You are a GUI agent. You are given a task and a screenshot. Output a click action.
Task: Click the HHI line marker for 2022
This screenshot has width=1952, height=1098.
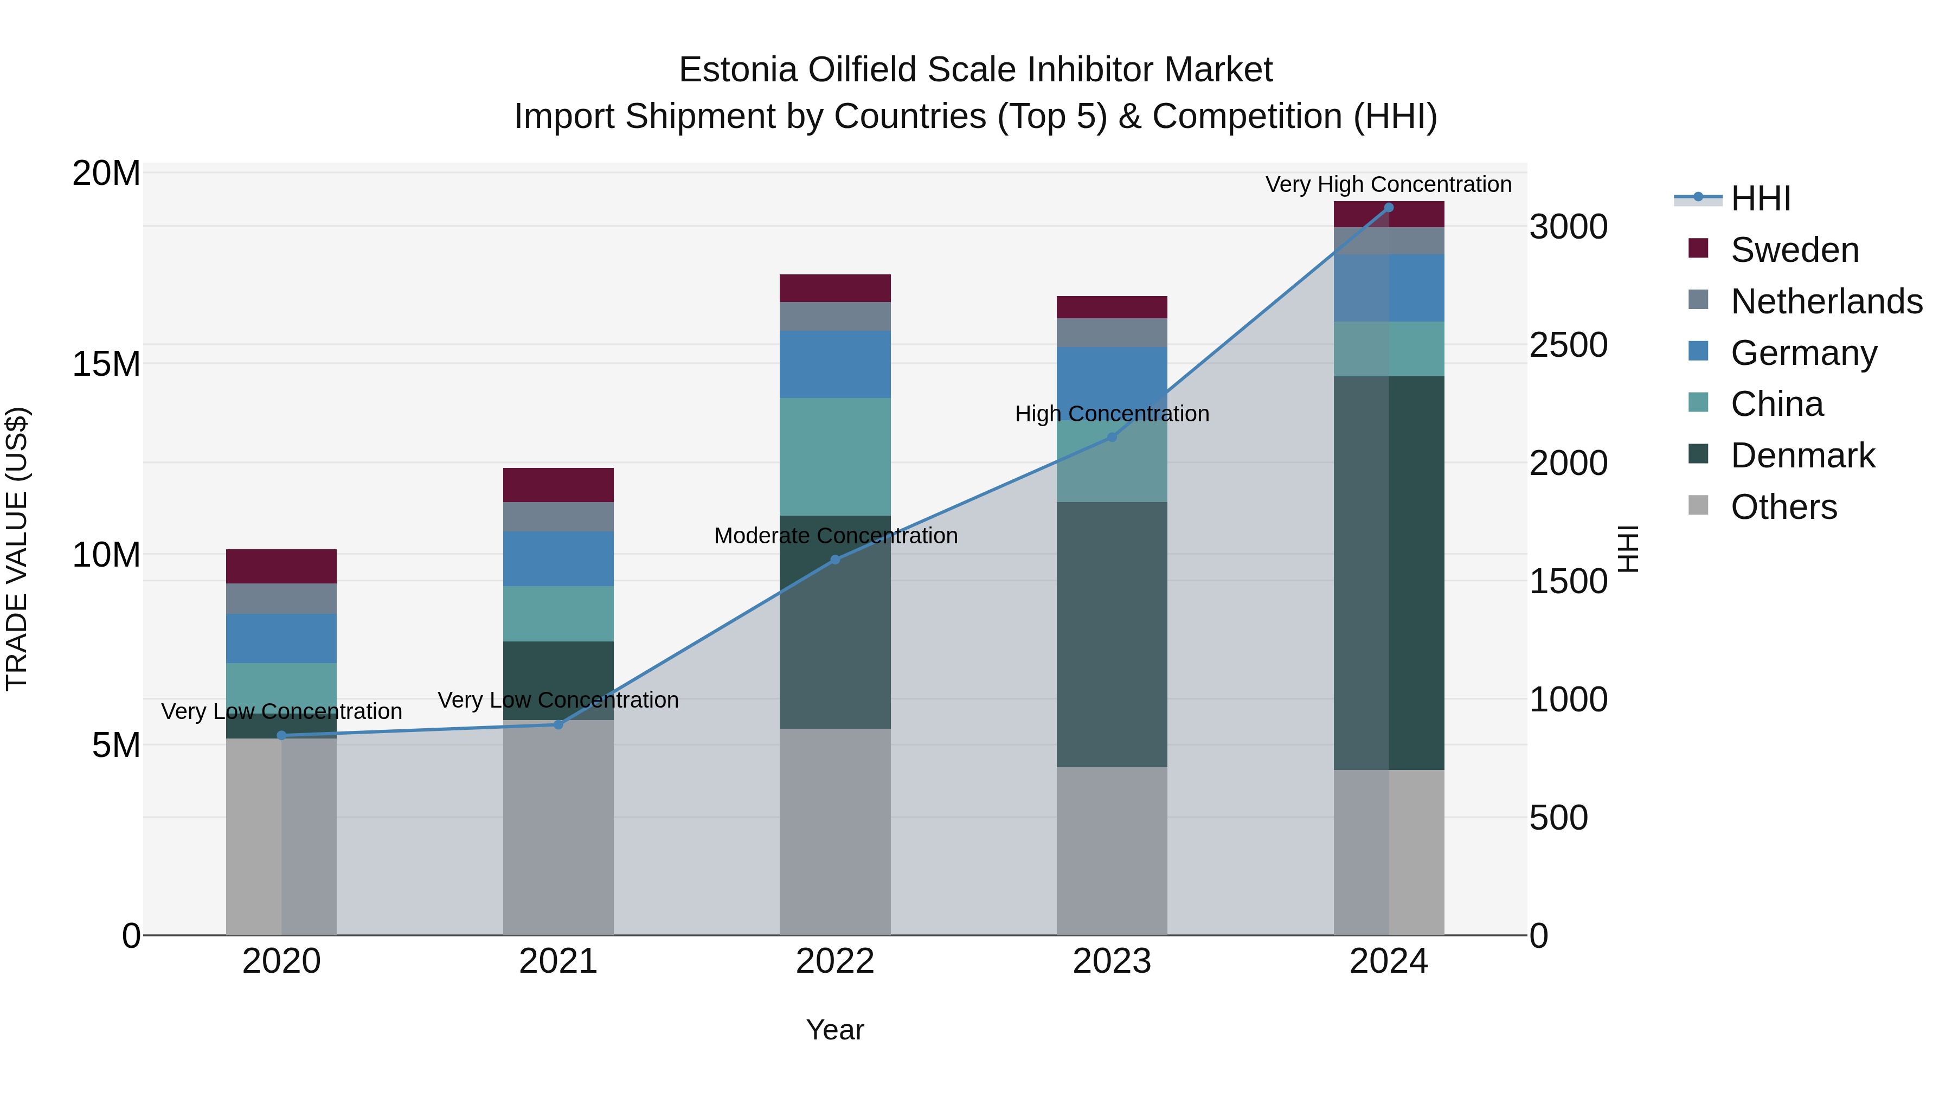(x=835, y=560)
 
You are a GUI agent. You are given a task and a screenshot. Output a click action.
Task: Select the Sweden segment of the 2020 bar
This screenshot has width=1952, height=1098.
(x=281, y=566)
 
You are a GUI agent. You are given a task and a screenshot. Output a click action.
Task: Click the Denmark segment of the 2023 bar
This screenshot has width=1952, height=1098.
(x=1112, y=634)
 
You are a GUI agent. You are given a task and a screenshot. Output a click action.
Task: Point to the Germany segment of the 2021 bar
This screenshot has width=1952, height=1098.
(x=558, y=558)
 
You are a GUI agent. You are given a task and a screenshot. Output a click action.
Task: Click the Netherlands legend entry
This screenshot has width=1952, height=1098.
(x=1826, y=301)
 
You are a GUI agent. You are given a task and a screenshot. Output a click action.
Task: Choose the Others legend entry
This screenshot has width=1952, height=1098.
(x=1784, y=507)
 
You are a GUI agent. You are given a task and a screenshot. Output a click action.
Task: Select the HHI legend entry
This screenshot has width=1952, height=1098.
(x=1760, y=198)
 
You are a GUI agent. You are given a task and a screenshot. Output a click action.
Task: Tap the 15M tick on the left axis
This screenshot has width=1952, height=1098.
(x=106, y=364)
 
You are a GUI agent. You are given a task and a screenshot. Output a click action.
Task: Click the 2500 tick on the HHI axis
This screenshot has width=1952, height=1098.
(x=1568, y=345)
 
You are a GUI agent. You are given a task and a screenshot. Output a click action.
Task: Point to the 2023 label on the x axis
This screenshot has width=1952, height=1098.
(x=1112, y=961)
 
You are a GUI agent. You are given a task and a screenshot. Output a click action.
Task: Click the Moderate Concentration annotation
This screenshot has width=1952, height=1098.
(x=835, y=536)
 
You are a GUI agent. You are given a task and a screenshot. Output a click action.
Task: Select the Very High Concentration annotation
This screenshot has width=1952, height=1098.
(x=1388, y=184)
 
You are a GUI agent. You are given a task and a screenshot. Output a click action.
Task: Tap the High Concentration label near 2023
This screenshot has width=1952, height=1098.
(x=1112, y=414)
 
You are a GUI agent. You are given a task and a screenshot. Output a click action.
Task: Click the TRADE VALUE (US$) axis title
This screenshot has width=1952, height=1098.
(x=17, y=549)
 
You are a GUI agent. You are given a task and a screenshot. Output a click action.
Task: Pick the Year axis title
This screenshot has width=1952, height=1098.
(x=835, y=1030)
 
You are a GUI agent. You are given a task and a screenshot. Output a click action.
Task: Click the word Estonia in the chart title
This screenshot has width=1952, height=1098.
(x=738, y=70)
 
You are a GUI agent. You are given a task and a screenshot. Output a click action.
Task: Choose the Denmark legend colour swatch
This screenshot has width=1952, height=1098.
(x=1698, y=454)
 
